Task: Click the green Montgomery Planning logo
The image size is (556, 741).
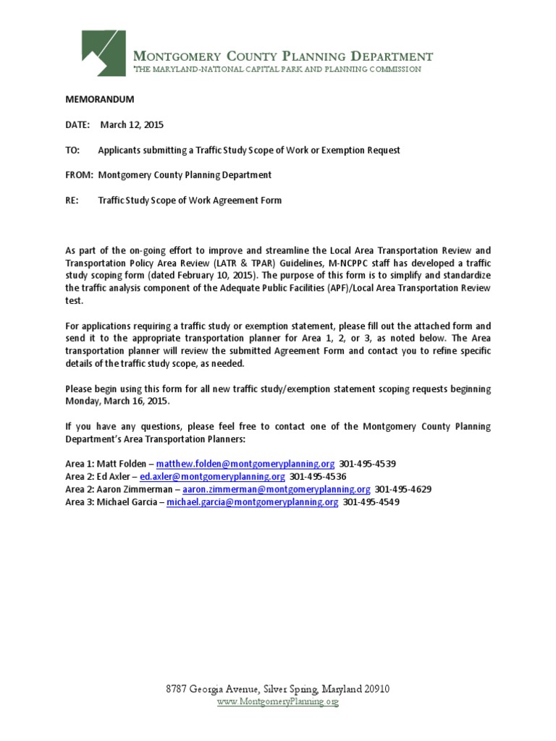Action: click(x=104, y=53)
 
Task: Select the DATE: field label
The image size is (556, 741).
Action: click(x=77, y=124)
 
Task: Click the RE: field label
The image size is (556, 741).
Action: click(x=73, y=200)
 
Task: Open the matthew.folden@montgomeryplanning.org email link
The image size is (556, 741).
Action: click(x=245, y=463)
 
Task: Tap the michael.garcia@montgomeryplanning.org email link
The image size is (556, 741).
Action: click(x=252, y=501)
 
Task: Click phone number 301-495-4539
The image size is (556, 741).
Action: click(x=368, y=463)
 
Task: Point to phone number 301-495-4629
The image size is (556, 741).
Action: click(x=403, y=489)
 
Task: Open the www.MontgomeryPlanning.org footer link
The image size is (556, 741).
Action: click(x=278, y=701)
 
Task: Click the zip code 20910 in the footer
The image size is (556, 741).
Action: click(x=376, y=689)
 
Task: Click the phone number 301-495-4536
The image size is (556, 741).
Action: click(x=318, y=476)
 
